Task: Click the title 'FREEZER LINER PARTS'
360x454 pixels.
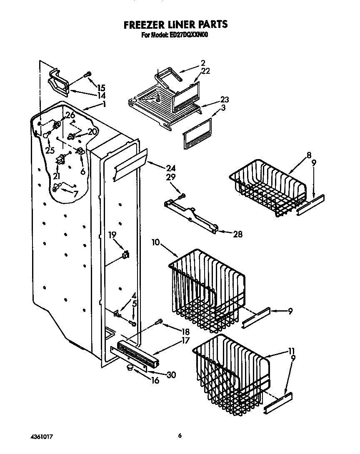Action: point(175,25)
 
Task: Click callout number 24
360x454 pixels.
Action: point(171,169)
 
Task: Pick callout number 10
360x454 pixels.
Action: point(156,242)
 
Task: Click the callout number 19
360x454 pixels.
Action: point(112,235)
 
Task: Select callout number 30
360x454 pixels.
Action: point(171,375)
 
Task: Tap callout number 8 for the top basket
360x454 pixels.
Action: point(309,155)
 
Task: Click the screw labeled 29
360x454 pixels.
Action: point(181,195)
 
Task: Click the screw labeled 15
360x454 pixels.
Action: point(87,75)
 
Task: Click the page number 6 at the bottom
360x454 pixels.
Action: point(180,436)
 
